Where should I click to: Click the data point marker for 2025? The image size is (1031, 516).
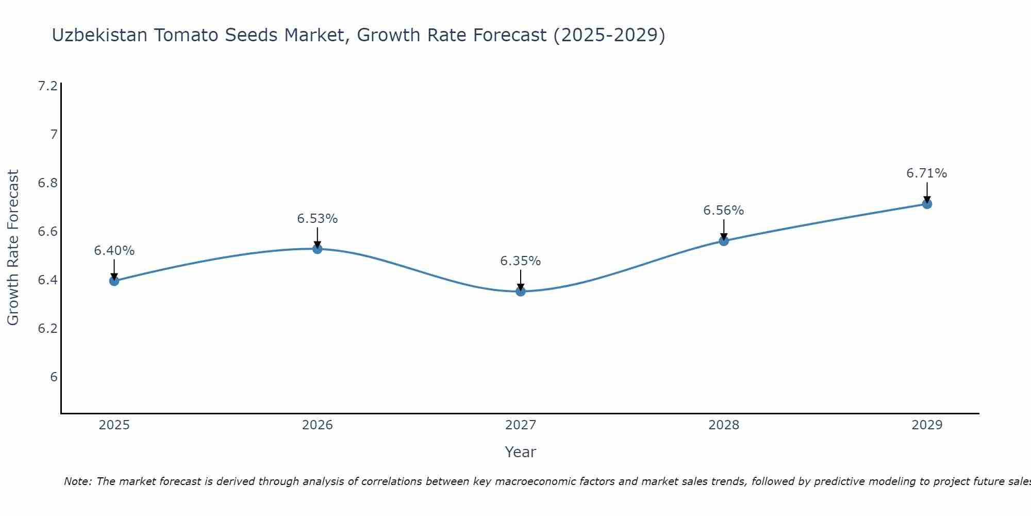point(114,281)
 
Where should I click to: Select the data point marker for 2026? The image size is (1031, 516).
point(318,249)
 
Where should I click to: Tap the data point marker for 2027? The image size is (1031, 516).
point(521,292)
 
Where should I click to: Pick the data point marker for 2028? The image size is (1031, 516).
point(724,240)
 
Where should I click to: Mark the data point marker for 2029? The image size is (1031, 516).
point(927,204)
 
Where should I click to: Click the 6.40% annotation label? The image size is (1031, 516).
point(114,251)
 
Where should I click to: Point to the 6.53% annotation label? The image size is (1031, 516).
point(318,219)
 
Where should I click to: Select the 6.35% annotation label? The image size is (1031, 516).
point(521,261)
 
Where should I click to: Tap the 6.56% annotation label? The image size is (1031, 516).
point(724,211)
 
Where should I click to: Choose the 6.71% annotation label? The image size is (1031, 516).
point(927,173)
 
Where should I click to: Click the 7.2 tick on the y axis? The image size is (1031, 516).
point(48,86)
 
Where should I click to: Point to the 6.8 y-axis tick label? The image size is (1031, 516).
point(48,183)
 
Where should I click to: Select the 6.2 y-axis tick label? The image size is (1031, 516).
point(48,329)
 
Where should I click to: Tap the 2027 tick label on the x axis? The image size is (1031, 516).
point(521,425)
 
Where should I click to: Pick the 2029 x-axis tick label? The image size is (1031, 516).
point(927,425)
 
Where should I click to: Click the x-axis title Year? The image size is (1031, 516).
point(521,452)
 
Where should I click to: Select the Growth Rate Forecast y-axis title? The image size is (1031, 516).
point(13,248)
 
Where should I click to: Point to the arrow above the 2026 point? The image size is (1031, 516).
point(318,237)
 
